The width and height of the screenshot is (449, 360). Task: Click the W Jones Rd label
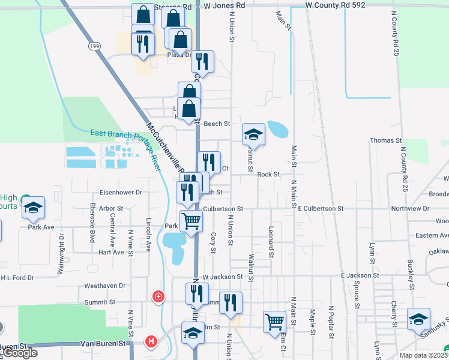224,5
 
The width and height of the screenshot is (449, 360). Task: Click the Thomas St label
385,140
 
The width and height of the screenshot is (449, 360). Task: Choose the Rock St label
268,175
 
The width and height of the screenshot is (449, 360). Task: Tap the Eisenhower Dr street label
121,193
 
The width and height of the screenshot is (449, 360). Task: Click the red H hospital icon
152,342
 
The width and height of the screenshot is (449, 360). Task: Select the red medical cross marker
158,296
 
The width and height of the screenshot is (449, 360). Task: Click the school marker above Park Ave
34,207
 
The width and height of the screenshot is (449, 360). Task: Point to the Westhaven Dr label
105,286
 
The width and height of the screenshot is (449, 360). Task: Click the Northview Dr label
410,209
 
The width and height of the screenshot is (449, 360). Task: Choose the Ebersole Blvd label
92,223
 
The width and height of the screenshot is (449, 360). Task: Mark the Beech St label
217,124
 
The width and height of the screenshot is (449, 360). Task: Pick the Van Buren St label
106,344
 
